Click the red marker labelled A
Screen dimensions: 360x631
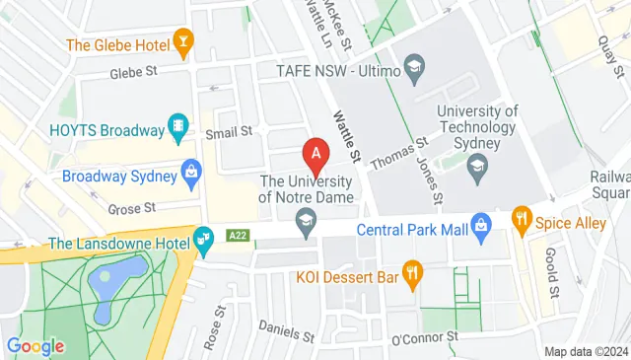[x=315, y=155]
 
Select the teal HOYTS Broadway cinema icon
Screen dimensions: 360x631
[x=178, y=125]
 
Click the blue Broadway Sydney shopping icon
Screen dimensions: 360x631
[x=192, y=174]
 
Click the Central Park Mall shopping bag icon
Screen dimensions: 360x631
[x=481, y=225]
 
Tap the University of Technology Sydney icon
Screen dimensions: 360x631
[x=477, y=168]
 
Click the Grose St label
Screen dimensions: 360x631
[x=131, y=207]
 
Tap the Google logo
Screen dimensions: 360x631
[x=35, y=345]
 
